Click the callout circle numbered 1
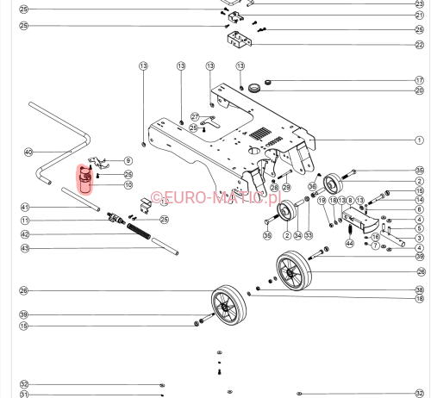tap(419, 140)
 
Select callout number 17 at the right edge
tap(419, 81)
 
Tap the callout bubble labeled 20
tap(419, 90)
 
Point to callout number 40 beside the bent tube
tap(28, 152)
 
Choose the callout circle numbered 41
tap(25, 207)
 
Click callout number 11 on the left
tap(25, 221)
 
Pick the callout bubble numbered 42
tap(25, 234)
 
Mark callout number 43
tap(25, 248)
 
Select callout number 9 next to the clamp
tap(128, 160)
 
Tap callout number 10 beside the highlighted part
tap(128, 184)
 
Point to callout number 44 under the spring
tap(349, 243)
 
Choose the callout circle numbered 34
tap(298, 235)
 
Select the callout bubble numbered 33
tap(309, 235)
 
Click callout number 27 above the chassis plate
tap(196, 116)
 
